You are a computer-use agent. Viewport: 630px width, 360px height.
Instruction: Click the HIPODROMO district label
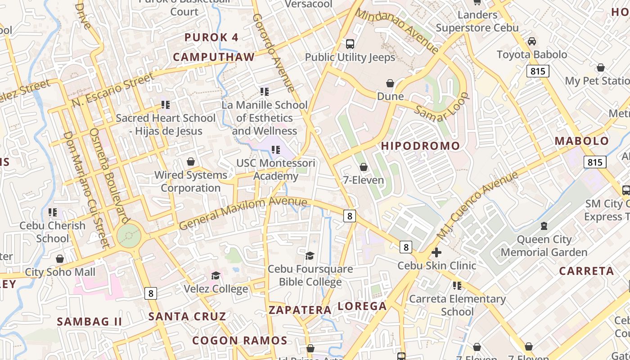pos(421,146)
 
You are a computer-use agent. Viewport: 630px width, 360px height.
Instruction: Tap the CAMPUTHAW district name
pos(214,57)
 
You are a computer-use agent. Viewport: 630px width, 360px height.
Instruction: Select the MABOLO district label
pos(581,141)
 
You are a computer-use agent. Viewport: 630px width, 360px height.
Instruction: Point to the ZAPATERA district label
pos(300,310)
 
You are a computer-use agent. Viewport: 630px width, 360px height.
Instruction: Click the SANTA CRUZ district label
pos(187,316)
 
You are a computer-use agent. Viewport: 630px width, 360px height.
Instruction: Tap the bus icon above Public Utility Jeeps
pos(350,44)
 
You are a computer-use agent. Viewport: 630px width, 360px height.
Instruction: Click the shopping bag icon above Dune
pos(390,83)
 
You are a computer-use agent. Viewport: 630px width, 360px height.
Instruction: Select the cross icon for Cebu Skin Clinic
pos(436,252)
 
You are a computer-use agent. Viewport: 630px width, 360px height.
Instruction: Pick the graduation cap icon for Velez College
pos(216,275)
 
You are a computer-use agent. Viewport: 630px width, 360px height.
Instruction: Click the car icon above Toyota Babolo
pos(532,41)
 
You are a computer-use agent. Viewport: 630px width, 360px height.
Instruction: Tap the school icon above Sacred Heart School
pos(166,105)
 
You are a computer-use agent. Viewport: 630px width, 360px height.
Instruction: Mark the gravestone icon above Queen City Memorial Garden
pos(544,226)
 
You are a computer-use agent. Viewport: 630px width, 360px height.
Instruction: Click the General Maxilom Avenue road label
pos(243,213)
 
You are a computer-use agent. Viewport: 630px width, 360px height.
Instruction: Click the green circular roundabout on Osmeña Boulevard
pos(129,235)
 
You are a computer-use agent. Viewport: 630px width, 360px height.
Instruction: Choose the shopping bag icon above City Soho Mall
pos(60,259)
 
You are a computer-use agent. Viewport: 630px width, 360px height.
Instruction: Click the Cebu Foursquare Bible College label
pos(310,275)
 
